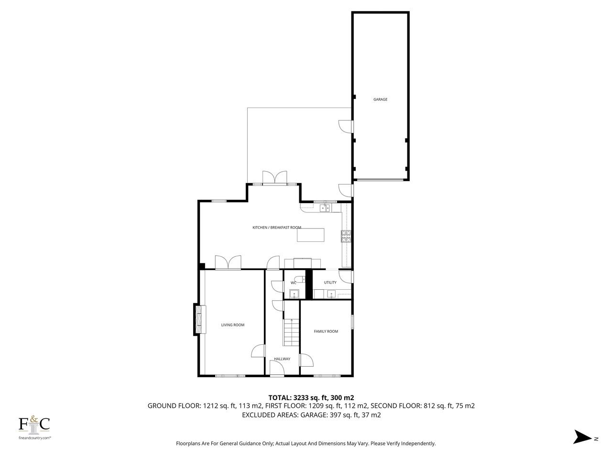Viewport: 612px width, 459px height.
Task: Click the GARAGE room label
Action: point(380,99)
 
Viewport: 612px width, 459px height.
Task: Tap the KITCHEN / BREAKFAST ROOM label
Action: point(276,228)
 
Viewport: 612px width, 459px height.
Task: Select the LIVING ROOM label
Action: point(232,325)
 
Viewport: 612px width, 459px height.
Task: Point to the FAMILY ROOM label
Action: point(326,331)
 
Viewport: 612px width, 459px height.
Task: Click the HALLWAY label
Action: point(282,359)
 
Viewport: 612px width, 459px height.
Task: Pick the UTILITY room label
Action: point(330,282)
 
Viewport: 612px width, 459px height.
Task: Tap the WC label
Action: point(293,283)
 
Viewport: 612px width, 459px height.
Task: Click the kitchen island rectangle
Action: point(310,235)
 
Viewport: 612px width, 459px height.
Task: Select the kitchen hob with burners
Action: point(346,236)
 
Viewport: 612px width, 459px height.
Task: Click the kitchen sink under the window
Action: point(325,208)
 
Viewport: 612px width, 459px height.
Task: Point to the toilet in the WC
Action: point(300,279)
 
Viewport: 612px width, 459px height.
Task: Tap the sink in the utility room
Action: point(331,294)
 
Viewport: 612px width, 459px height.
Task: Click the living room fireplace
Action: point(200,319)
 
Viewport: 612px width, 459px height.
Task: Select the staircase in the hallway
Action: point(291,332)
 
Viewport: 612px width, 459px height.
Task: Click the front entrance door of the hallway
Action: point(277,368)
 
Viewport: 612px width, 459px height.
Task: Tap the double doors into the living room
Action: point(228,262)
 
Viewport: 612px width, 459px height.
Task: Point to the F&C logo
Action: point(34,425)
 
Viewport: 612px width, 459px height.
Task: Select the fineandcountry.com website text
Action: point(34,438)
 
